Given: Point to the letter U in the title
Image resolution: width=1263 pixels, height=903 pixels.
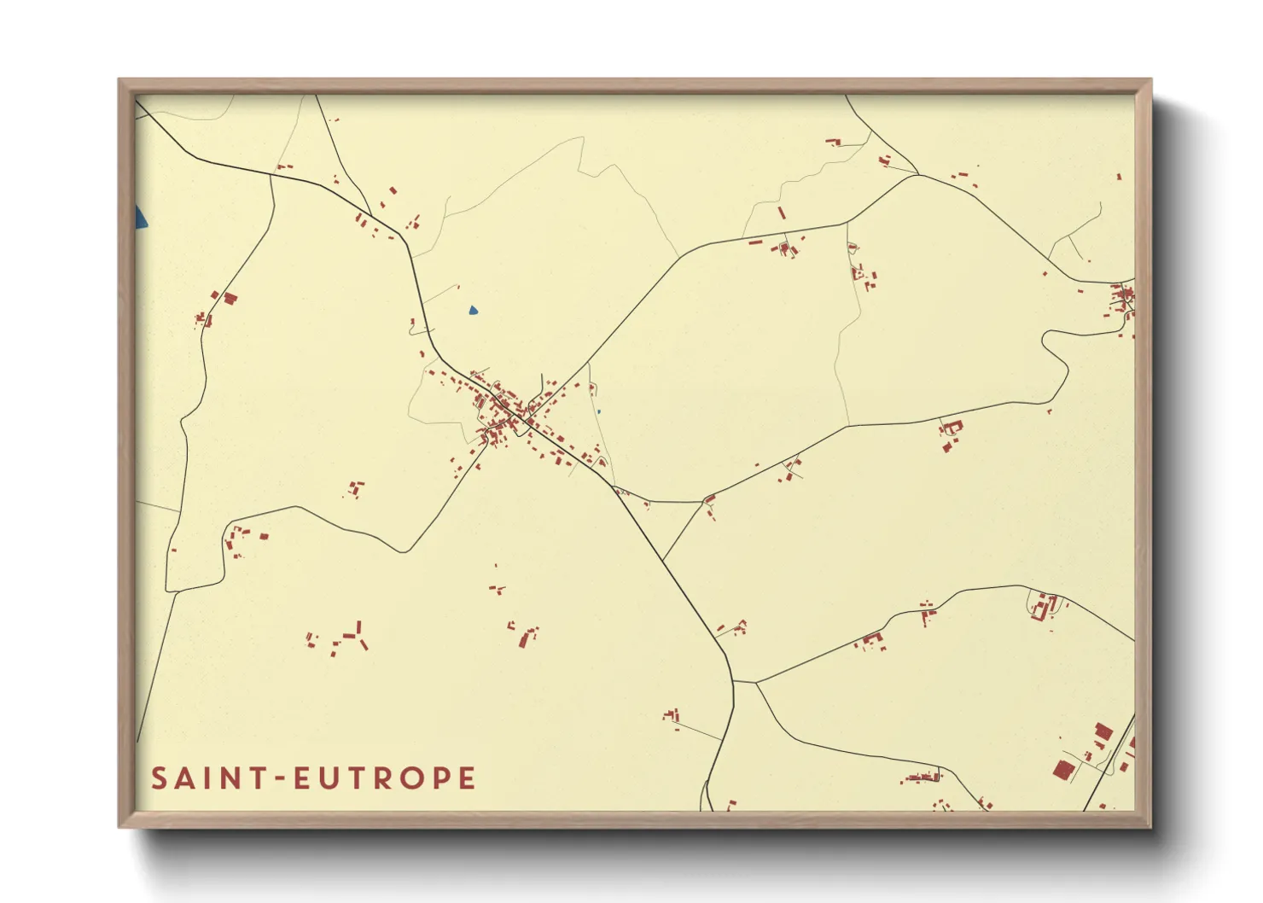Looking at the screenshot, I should [x=331, y=778].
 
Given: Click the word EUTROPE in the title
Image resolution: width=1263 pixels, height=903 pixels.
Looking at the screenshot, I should [x=384, y=778].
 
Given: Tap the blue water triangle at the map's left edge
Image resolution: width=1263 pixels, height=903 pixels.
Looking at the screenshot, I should [x=140, y=218].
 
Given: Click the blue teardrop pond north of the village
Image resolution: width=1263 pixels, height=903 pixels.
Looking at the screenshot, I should [x=473, y=311].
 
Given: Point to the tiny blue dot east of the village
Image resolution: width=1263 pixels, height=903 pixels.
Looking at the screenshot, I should [x=598, y=411].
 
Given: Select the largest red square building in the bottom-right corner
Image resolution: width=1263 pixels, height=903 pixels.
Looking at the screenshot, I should [x=1062, y=769].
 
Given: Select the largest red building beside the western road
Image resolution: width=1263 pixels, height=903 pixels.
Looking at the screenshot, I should [x=230, y=298].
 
